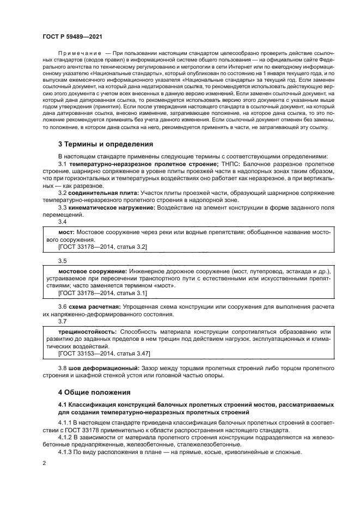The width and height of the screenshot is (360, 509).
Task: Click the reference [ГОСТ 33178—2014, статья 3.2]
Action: tap(102, 247)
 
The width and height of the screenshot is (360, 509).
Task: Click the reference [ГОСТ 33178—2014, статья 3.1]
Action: tap(102, 293)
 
